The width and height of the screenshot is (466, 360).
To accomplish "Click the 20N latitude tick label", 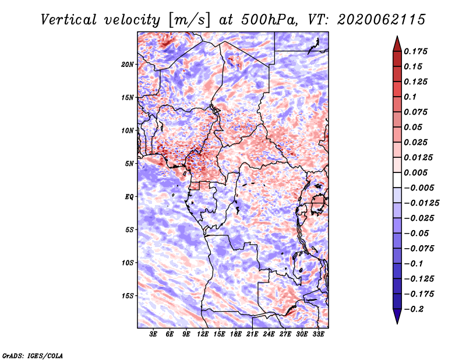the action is tap(127, 65).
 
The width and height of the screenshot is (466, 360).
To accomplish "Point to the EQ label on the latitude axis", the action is tap(129, 197).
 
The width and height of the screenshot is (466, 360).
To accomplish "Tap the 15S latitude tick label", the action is tap(127, 296).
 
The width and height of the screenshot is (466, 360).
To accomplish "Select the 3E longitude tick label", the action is tap(153, 334).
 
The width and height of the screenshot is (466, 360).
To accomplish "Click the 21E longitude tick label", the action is tap(252, 334).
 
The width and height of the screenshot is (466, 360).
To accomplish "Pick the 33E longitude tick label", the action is tap(318, 334).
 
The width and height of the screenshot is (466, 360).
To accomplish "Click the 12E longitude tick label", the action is tap(203, 334).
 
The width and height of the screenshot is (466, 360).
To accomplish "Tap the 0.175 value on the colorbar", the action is tap(415, 51).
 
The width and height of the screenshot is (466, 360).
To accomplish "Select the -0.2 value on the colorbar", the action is tap(414, 309).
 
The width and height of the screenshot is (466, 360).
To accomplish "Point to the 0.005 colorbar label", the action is tap(415, 172).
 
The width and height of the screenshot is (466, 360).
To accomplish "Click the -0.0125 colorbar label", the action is tap(421, 203).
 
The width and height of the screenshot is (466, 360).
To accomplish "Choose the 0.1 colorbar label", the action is tap(410, 97).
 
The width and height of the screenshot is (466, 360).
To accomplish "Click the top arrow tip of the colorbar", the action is tap(397, 36).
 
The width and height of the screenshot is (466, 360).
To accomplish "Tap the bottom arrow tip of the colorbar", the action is tap(397, 324).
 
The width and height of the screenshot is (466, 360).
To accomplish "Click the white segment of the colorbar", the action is tap(397, 180).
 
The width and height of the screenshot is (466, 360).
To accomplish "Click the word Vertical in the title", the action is tap(69, 20).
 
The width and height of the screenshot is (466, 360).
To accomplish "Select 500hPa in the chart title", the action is tap(269, 20).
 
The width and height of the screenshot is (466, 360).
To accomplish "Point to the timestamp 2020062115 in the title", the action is tap(382, 20).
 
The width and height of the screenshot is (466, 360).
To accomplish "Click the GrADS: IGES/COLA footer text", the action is tap(33, 355).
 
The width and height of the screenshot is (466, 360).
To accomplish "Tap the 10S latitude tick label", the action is tap(127, 263).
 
